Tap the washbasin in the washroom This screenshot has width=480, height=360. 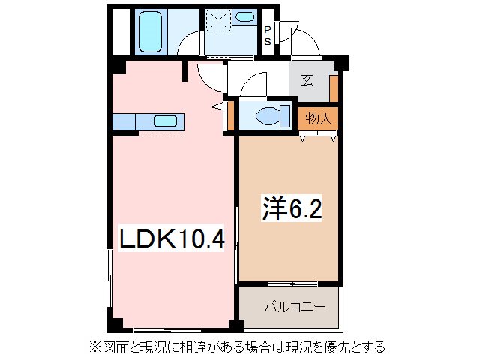[x=244, y=17]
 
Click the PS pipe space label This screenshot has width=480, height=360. [x=267, y=34]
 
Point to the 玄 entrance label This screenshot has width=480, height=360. [x=308, y=82]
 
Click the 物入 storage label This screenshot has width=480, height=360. [x=319, y=118]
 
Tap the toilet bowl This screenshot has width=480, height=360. [x=268, y=117]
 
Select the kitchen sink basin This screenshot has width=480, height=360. [x=165, y=120]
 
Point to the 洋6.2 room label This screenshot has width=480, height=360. [x=292, y=209]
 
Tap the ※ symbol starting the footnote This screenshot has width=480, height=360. [x=95, y=346]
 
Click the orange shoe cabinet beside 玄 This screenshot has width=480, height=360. [x=334, y=87]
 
